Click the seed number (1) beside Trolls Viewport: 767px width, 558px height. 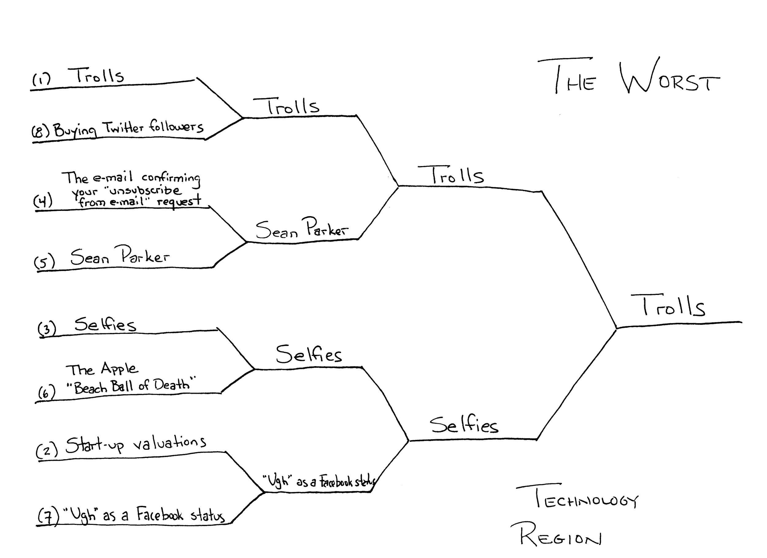click(x=41, y=79)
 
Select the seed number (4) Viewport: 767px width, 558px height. click(x=43, y=201)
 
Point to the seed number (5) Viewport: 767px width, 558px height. click(x=44, y=261)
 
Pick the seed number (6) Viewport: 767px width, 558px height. click(x=46, y=393)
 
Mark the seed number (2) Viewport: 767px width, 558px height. click(x=47, y=450)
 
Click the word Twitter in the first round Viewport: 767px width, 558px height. click(x=123, y=128)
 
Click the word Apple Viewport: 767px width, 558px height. click(x=119, y=369)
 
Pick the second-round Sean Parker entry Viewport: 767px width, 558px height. click(x=301, y=228)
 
